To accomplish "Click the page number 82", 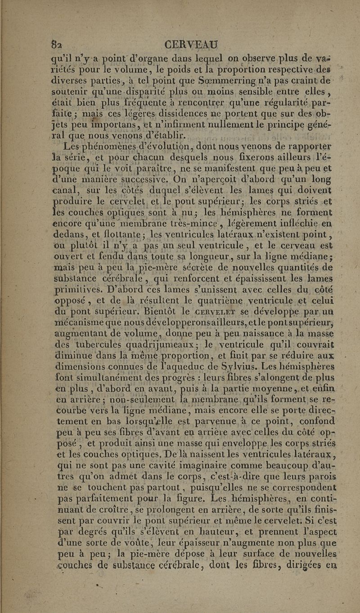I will click(x=57, y=45).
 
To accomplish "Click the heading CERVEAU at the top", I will click(x=192, y=45).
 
